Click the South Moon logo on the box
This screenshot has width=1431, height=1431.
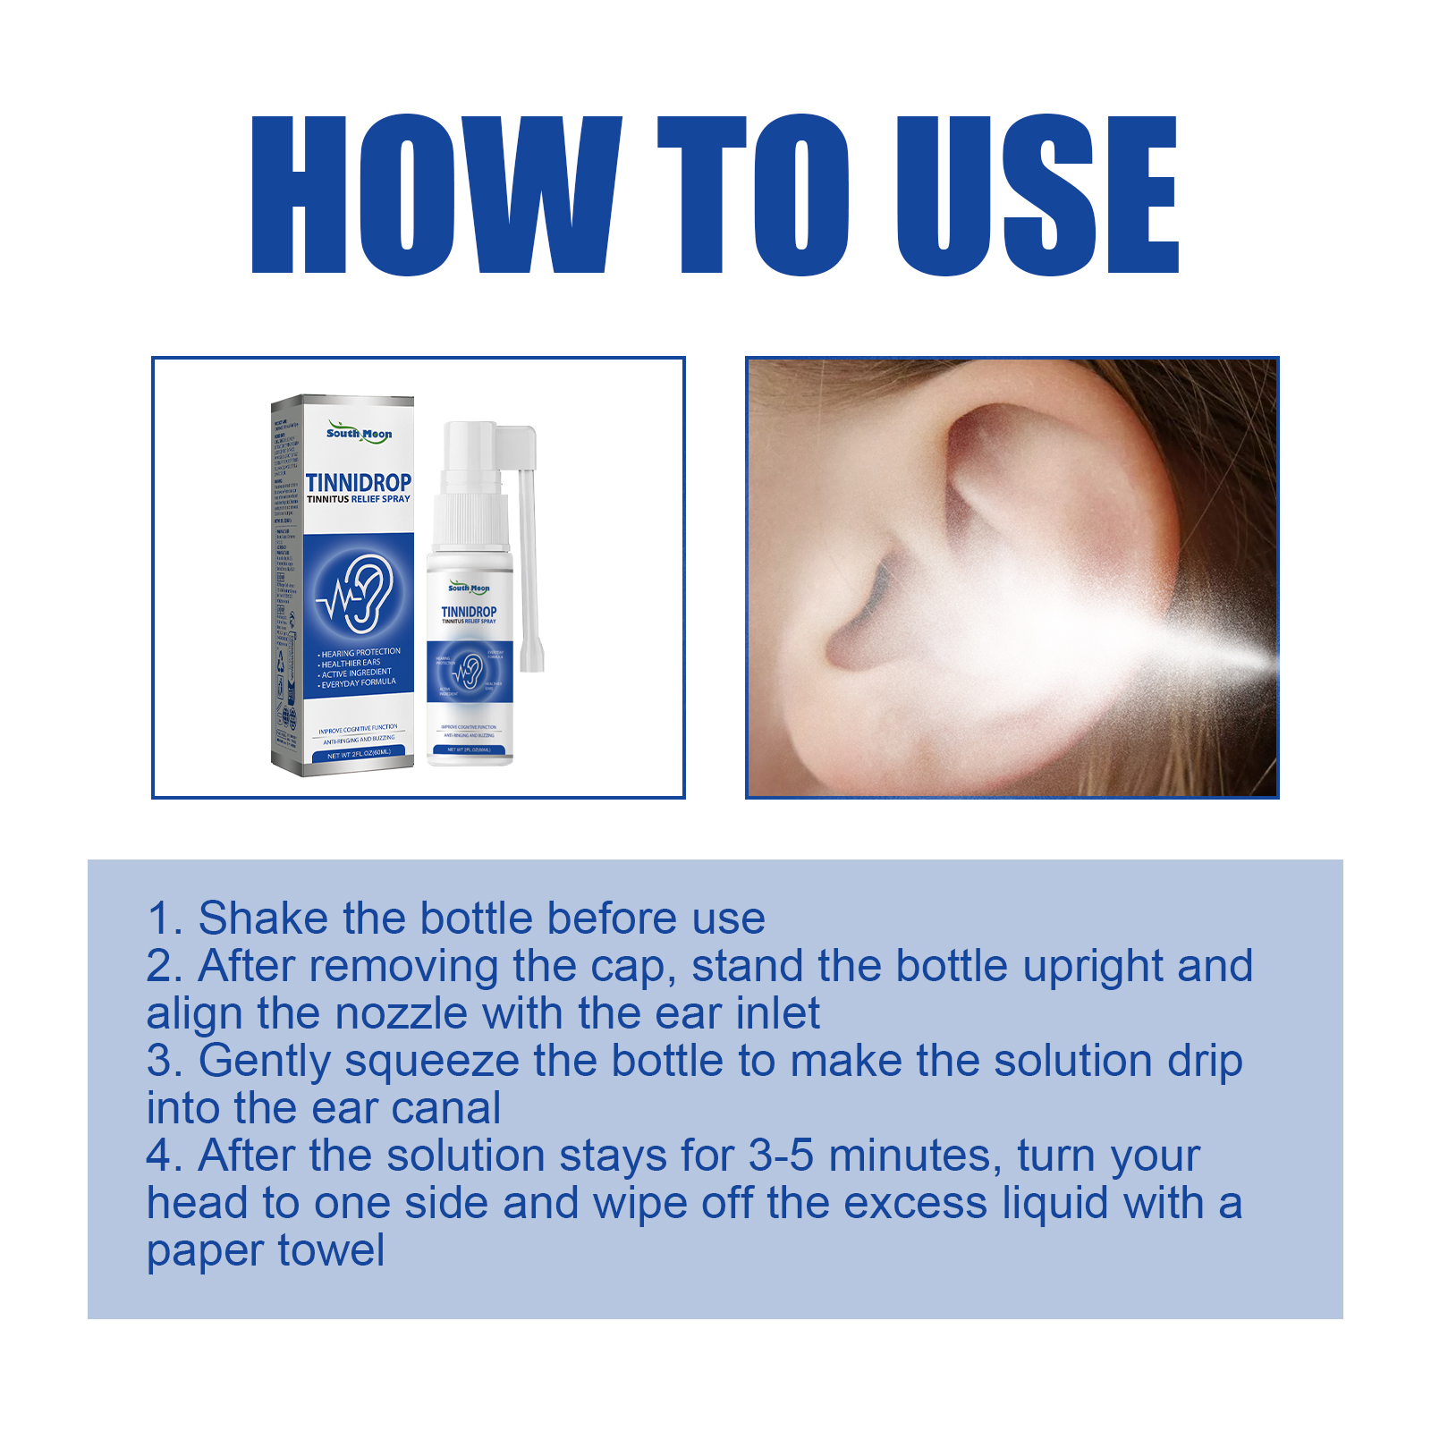359,433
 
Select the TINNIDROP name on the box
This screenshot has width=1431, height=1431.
359,482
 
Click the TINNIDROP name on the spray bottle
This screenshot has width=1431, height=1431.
469,612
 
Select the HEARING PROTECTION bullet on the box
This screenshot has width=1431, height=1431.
360,653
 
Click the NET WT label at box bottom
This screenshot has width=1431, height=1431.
359,754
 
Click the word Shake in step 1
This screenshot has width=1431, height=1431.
263,919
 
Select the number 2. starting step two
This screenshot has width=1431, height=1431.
165,967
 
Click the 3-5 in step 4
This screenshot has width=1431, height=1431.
781,1156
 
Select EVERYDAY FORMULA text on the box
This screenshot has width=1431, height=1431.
359,682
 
